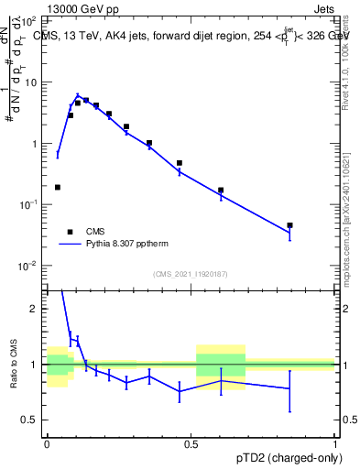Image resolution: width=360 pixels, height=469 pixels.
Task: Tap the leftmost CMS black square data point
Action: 58,187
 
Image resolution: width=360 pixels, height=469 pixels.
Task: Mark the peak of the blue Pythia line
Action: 78,94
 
